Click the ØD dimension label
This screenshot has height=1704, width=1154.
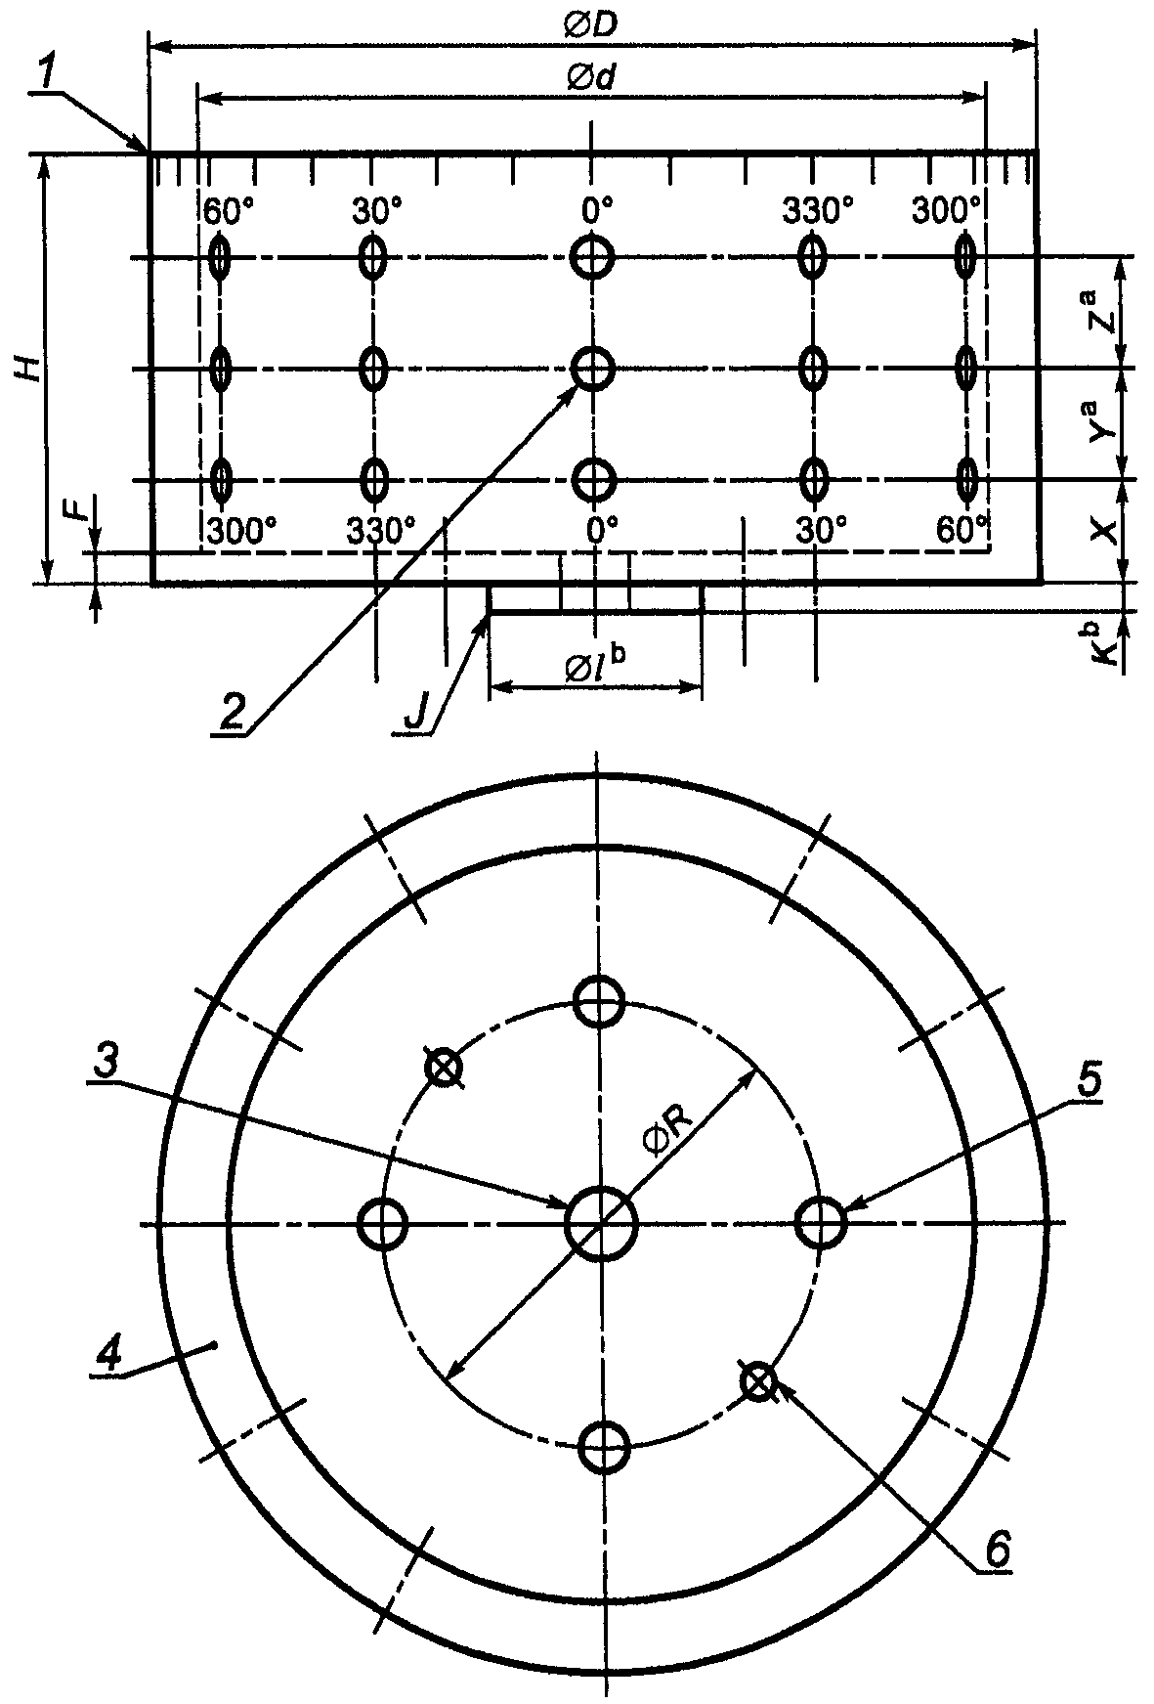589,25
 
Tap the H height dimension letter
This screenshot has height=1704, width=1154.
32,369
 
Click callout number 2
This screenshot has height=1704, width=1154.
232,713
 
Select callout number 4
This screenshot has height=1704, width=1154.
109,1353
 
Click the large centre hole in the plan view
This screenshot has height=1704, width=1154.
600,1224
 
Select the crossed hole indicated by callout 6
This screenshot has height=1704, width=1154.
758,1381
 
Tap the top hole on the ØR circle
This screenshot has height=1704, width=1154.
600,1000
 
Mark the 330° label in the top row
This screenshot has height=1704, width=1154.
818,210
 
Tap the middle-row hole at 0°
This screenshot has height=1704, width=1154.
592,370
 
